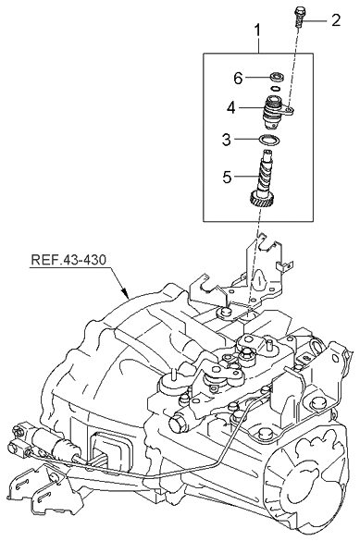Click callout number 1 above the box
[x=257, y=31]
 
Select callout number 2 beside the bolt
[x=336, y=20]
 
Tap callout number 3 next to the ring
[x=226, y=140]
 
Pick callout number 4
[x=231, y=108]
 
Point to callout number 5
[x=227, y=177]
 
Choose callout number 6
[x=238, y=79]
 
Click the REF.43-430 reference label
[x=68, y=260]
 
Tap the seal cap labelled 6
[x=277, y=76]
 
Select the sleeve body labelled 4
[x=273, y=112]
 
